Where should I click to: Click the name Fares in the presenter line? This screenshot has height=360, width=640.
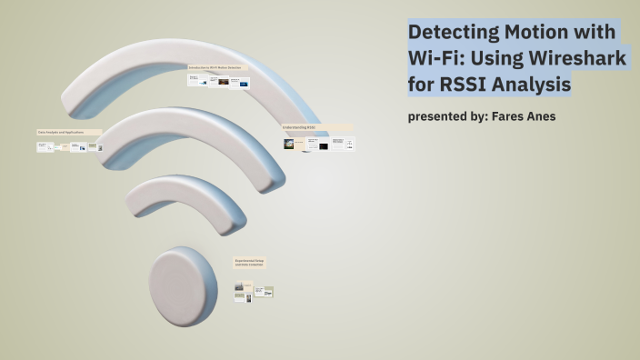512,116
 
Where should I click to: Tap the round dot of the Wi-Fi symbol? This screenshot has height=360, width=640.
183,286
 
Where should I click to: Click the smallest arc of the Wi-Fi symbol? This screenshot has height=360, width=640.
182,196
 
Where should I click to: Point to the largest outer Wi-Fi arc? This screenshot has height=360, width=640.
182,69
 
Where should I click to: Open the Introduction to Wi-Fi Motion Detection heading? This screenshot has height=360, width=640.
217,68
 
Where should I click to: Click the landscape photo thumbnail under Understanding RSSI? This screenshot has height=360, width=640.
289,144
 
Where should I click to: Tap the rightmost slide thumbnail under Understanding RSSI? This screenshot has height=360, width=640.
350,143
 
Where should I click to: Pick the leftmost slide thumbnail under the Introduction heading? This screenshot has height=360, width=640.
195,81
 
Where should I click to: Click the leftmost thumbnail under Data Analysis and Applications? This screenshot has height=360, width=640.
44,146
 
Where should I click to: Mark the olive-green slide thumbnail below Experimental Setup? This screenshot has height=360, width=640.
268,292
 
